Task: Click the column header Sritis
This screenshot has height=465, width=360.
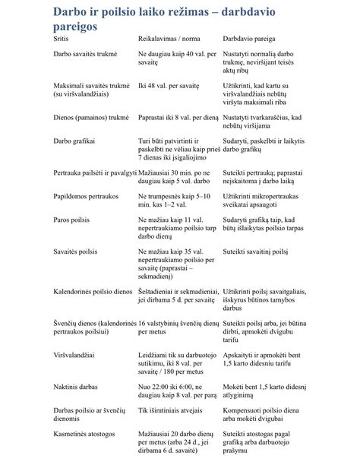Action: click(63, 37)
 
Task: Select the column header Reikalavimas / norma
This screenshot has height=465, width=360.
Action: click(169, 37)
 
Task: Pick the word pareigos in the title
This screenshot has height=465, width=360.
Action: click(75, 25)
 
